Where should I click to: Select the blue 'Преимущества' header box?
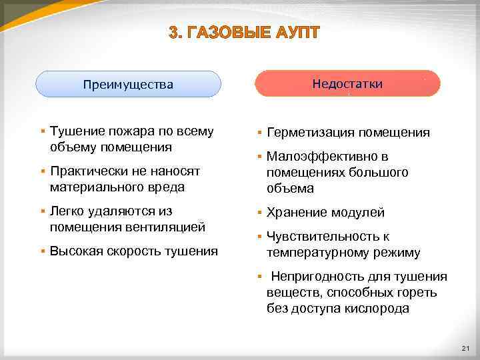pos(128,85)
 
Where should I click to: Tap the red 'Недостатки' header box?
pos(347,84)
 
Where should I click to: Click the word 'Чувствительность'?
pos(321,237)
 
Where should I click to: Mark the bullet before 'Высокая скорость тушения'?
pos(41,251)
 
